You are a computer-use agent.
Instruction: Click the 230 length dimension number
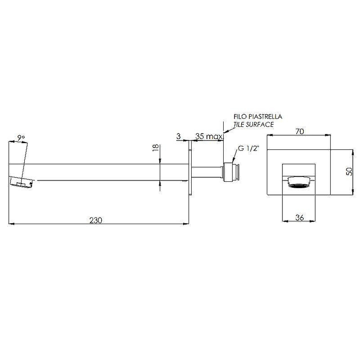point(96,220)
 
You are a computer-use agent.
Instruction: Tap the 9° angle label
point(21,138)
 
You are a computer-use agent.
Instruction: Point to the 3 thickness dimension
point(178,136)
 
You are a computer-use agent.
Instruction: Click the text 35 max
point(209,136)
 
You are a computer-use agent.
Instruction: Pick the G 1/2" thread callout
point(249,148)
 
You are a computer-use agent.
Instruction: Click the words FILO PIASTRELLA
point(258,117)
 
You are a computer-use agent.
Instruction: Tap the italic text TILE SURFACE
point(254,125)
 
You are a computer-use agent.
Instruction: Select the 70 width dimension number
point(300,131)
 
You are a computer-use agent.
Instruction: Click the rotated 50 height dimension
point(349,171)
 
